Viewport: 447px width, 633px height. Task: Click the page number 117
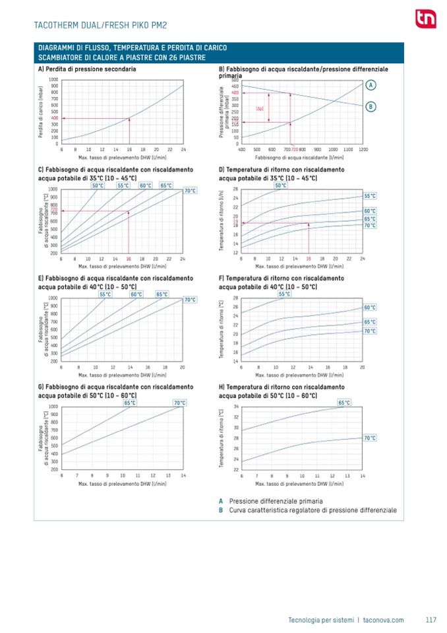click(x=431, y=619)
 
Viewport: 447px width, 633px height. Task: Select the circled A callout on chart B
click(x=371, y=85)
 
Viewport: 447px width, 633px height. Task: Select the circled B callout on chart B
click(x=371, y=106)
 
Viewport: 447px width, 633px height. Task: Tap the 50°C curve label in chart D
click(x=281, y=185)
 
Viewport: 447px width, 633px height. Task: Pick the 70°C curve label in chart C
click(x=189, y=191)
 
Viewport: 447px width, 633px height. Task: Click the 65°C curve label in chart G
click(x=130, y=403)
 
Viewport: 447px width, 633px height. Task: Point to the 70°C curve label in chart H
click(x=370, y=438)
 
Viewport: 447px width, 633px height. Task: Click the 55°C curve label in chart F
click(x=285, y=294)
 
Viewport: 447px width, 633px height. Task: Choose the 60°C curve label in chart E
click(x=136, y=294)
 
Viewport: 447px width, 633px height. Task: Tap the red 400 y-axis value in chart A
click(x=54, y=118)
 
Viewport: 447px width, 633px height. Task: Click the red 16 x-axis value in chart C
click(x=129, y=259)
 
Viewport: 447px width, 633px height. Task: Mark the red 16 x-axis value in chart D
click(x=309, y=259)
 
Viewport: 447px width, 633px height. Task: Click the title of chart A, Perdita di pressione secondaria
click(x=88, y=69)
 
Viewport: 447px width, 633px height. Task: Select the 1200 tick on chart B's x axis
click(x=363, y=150)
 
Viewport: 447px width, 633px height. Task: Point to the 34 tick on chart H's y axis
click(x=237, y=407)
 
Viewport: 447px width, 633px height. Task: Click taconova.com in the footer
click(x=383, y=619)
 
